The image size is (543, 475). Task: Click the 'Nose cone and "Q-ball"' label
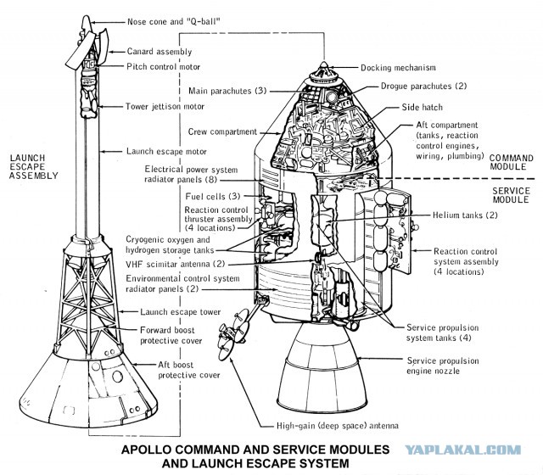(x=173, y=21)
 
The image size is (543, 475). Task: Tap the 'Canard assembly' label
(x=160, y=52)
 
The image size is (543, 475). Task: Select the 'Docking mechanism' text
(x=398, y=68)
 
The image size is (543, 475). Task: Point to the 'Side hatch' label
(x=423, y=108)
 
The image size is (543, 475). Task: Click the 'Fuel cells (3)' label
(x=213, y=196)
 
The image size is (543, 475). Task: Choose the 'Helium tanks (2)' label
(x=465, y=215)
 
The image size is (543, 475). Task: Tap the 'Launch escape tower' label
(x=181, y=312)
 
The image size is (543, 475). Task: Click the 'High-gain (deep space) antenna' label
(x=338, y=426)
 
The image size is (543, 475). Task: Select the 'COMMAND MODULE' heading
(x=511, y=162)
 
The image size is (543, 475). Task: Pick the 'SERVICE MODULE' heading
(x=511, y=195)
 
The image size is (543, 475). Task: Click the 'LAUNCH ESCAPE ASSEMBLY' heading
(x=33, y=167)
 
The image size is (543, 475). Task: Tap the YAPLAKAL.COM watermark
(x=463, y=450)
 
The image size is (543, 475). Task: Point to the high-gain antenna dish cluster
(x=233, y=334)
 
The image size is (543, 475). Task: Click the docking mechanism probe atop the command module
(x=324, y=73)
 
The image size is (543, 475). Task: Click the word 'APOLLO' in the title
(x=146, y=450)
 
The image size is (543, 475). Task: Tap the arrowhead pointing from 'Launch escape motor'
(x=102, y=151)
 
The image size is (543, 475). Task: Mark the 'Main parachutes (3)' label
(x=227, y=91)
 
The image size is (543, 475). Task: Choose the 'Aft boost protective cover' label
(x=189, y=370)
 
